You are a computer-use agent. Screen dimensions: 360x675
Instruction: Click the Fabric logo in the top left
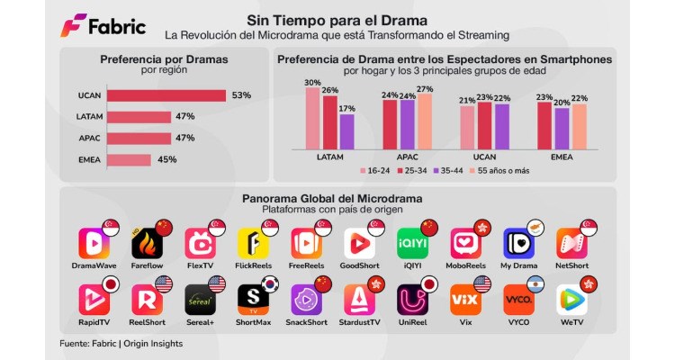(103, 26)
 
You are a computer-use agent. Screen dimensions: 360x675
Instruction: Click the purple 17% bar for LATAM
(346, 130)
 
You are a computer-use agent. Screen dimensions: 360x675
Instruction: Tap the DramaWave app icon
(93, 244)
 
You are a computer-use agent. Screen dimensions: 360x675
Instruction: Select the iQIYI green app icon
(412, 244)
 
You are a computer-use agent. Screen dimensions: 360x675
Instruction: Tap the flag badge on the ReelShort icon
(164, 285)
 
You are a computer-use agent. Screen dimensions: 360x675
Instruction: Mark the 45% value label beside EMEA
(167, 160)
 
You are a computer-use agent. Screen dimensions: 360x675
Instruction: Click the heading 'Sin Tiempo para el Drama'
(337, 20)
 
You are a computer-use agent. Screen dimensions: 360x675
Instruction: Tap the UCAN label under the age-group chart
(483, 157)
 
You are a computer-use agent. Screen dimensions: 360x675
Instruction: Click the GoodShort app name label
(360, 266)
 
